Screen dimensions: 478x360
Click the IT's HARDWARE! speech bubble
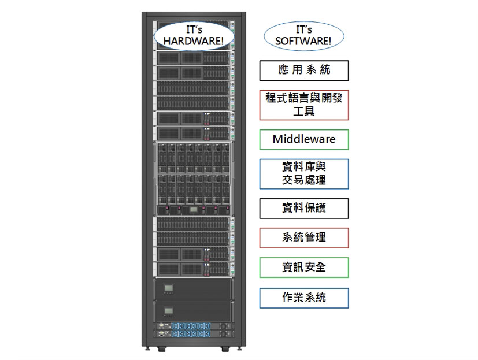[194, 36]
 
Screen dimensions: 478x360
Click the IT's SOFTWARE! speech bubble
[303, 36]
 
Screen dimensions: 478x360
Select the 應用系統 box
[304, 70]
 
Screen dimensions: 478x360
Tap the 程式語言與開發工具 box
[304, 105]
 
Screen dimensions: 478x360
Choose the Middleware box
[304, 140]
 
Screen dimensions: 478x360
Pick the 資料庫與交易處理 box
[304, 174]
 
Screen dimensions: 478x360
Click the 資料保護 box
[304, 209]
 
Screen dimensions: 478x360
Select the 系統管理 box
[304, 237]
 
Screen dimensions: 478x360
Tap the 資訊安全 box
[304, 268]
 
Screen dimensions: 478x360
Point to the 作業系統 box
[304, 298]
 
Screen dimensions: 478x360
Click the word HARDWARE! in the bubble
[194, 41]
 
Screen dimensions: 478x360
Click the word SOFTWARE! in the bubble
[303, 41]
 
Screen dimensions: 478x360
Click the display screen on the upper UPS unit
[169, 288]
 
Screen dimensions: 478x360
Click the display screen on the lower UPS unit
[169, 311]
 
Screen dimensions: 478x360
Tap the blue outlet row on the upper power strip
[191, 326]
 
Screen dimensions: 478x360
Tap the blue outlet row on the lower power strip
[191, 334]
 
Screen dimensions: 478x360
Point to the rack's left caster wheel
[162, 349]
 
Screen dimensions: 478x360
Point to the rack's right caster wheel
[225, 349]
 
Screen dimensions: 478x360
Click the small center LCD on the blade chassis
[194, 210]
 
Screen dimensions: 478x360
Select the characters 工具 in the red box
[304, 112]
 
